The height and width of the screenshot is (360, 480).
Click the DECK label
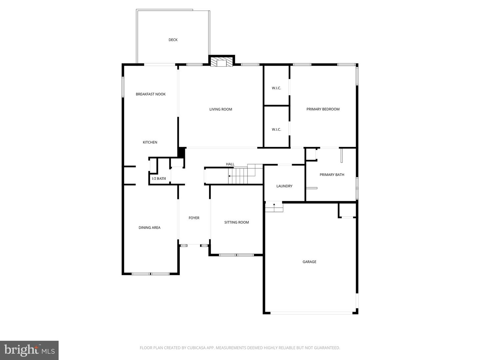point(173,40)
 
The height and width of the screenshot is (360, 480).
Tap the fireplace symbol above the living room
point(221,63)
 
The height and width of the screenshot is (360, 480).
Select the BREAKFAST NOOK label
point(151,94)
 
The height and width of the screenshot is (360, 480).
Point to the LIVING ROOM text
point(221,109)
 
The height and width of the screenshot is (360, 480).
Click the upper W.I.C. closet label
point(276,88)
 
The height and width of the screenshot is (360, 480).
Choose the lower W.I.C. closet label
point(276,130)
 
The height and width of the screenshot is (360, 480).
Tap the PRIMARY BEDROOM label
point(323,109)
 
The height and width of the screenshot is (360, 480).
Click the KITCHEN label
point(150,142)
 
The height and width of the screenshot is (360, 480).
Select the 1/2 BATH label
point(159,179)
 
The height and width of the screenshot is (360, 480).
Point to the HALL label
point(230,164)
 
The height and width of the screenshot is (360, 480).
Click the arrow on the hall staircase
point(230,176)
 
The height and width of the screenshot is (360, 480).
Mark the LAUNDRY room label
point(284,186)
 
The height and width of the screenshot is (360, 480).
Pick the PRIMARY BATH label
point(332,175)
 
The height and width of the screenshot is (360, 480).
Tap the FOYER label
point(194,218)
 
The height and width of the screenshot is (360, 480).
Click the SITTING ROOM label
point(237,222)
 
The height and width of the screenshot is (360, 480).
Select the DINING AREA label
point(149,228)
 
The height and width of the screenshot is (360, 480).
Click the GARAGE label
point(309,262)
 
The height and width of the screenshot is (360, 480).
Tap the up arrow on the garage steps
point(274,204)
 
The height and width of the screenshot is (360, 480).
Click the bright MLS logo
point(29,350)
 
